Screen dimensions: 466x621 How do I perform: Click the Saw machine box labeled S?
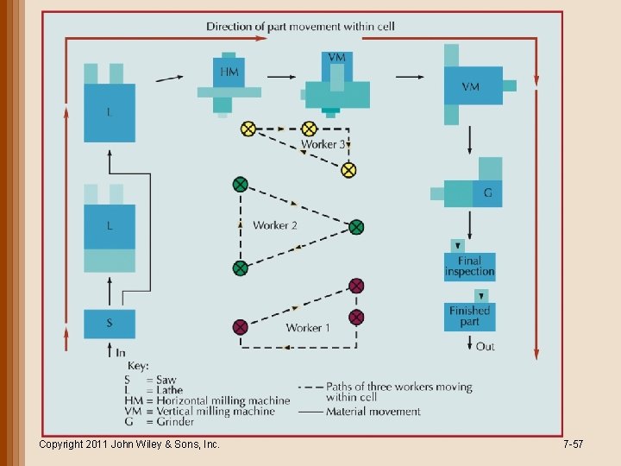(x=110, y=324)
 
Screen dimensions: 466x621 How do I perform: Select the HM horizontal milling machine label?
(x=229, y=72)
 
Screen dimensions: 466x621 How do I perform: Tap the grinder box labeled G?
(x=487, y=193)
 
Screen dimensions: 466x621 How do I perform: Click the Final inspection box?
(x=470, y=266)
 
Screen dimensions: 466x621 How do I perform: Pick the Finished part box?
(x=470, y=316)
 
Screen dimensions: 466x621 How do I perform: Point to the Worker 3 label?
(x=323, y=144)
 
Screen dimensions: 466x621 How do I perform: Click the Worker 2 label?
(x=275, y=225)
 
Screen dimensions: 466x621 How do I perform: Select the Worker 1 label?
(x=308, y=328)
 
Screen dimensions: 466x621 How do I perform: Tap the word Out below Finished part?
(x=486, y=347)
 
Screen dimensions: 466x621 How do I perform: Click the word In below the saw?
(x=120, y=352)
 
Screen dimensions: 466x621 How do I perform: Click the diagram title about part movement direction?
(x=300, y=27)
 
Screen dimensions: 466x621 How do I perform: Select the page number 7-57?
(x=573, y=444)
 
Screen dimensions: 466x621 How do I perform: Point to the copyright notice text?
(x=129, y=444)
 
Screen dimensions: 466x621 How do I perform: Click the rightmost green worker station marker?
(x=356, y=227)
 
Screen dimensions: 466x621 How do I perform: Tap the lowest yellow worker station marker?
(x=348, y=170)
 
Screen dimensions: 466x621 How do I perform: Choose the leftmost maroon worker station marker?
(x=241, y=327)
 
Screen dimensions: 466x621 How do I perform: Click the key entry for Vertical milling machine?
(x=199, y=412)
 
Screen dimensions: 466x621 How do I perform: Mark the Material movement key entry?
(x=373, y=412)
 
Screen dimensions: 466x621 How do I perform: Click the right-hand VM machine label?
(x=471, y=86)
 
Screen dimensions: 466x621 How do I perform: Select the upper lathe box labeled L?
(x=110, y=112)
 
